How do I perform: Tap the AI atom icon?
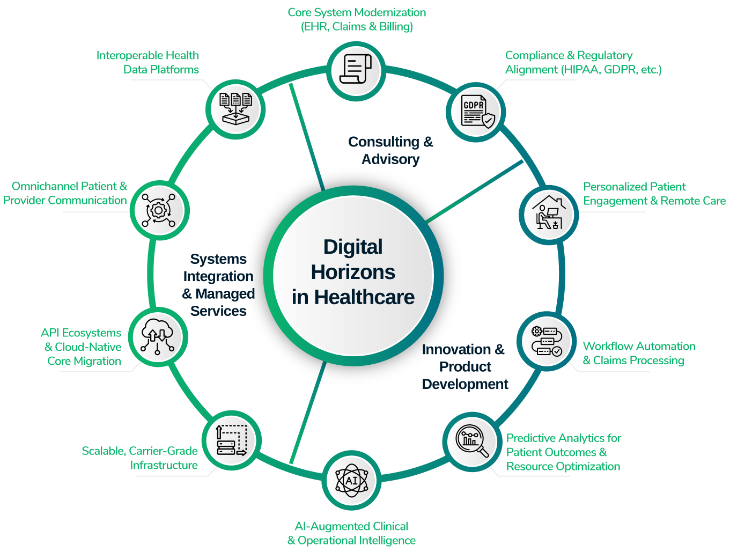coord(352,480)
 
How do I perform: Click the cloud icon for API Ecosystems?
coord(158,337)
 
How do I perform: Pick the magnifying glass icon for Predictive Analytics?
coord(472,441)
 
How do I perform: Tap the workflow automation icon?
coord(546,342)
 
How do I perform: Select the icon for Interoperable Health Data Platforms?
coord(235,109)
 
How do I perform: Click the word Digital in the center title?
coord(353,247)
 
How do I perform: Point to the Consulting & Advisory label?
coord(390,150)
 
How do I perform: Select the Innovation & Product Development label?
coord(464,366)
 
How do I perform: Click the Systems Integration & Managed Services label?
coord(218,285)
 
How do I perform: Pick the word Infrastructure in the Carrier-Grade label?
coord(164,465)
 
